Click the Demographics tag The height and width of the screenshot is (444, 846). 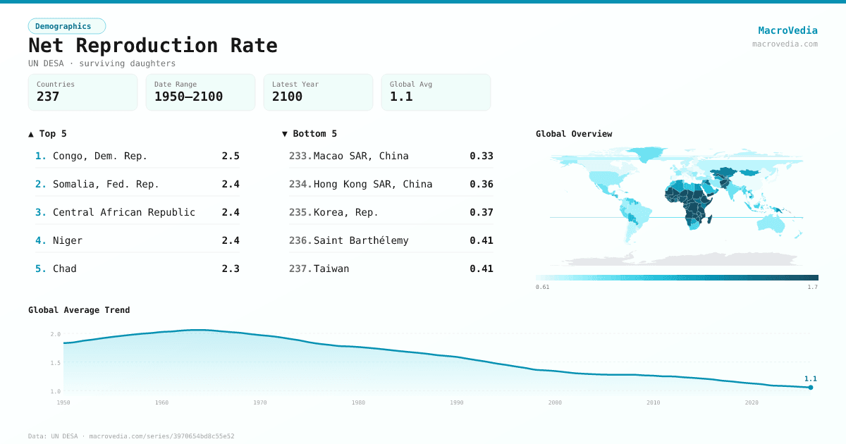click(66, 26)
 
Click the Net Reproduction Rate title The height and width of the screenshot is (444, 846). click(152, 46)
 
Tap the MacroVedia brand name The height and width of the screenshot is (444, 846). click(787, 30)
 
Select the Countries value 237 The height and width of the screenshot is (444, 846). click(48, 97)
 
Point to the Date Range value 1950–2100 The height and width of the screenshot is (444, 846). click(188, 97)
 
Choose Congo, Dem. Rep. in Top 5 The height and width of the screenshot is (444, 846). click(100, 156)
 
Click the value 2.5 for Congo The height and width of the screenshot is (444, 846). click(231, 156)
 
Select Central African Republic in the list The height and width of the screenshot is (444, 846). click(124, 212)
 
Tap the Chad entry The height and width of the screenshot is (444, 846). click(65, 269)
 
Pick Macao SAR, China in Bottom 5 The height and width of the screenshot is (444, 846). click(361, 156)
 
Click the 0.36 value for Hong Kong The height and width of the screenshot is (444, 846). click(482, 184)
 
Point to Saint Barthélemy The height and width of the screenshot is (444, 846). click(361, 240)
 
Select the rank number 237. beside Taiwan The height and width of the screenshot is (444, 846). click(300, 269)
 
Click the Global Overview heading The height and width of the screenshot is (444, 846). click(574, 134)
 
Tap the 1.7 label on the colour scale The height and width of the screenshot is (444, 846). click(812, 287)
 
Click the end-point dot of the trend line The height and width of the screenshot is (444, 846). click(811, 387)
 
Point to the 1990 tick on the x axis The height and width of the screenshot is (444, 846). click(457, 402)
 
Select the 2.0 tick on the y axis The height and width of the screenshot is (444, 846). click(56, 334)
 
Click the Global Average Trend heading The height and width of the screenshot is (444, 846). click(79, 310)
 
